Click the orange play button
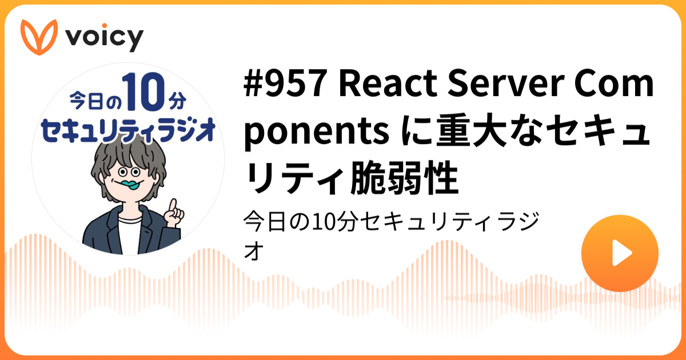(x=620, y=253)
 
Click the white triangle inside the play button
(x=621, y=253)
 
